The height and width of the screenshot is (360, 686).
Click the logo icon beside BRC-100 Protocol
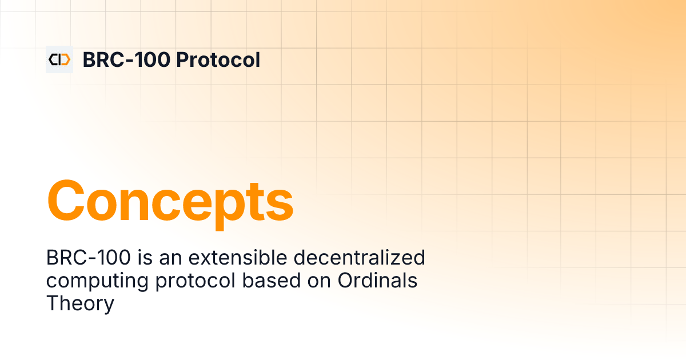(59, 59)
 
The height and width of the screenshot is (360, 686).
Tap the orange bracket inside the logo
(65, 59)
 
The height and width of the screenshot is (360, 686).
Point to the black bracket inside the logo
(54, 59)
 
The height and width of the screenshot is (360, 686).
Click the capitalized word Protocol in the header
(218, 59)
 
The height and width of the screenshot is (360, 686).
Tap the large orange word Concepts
(170, 201)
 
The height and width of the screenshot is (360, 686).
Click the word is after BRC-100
(146, 258)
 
